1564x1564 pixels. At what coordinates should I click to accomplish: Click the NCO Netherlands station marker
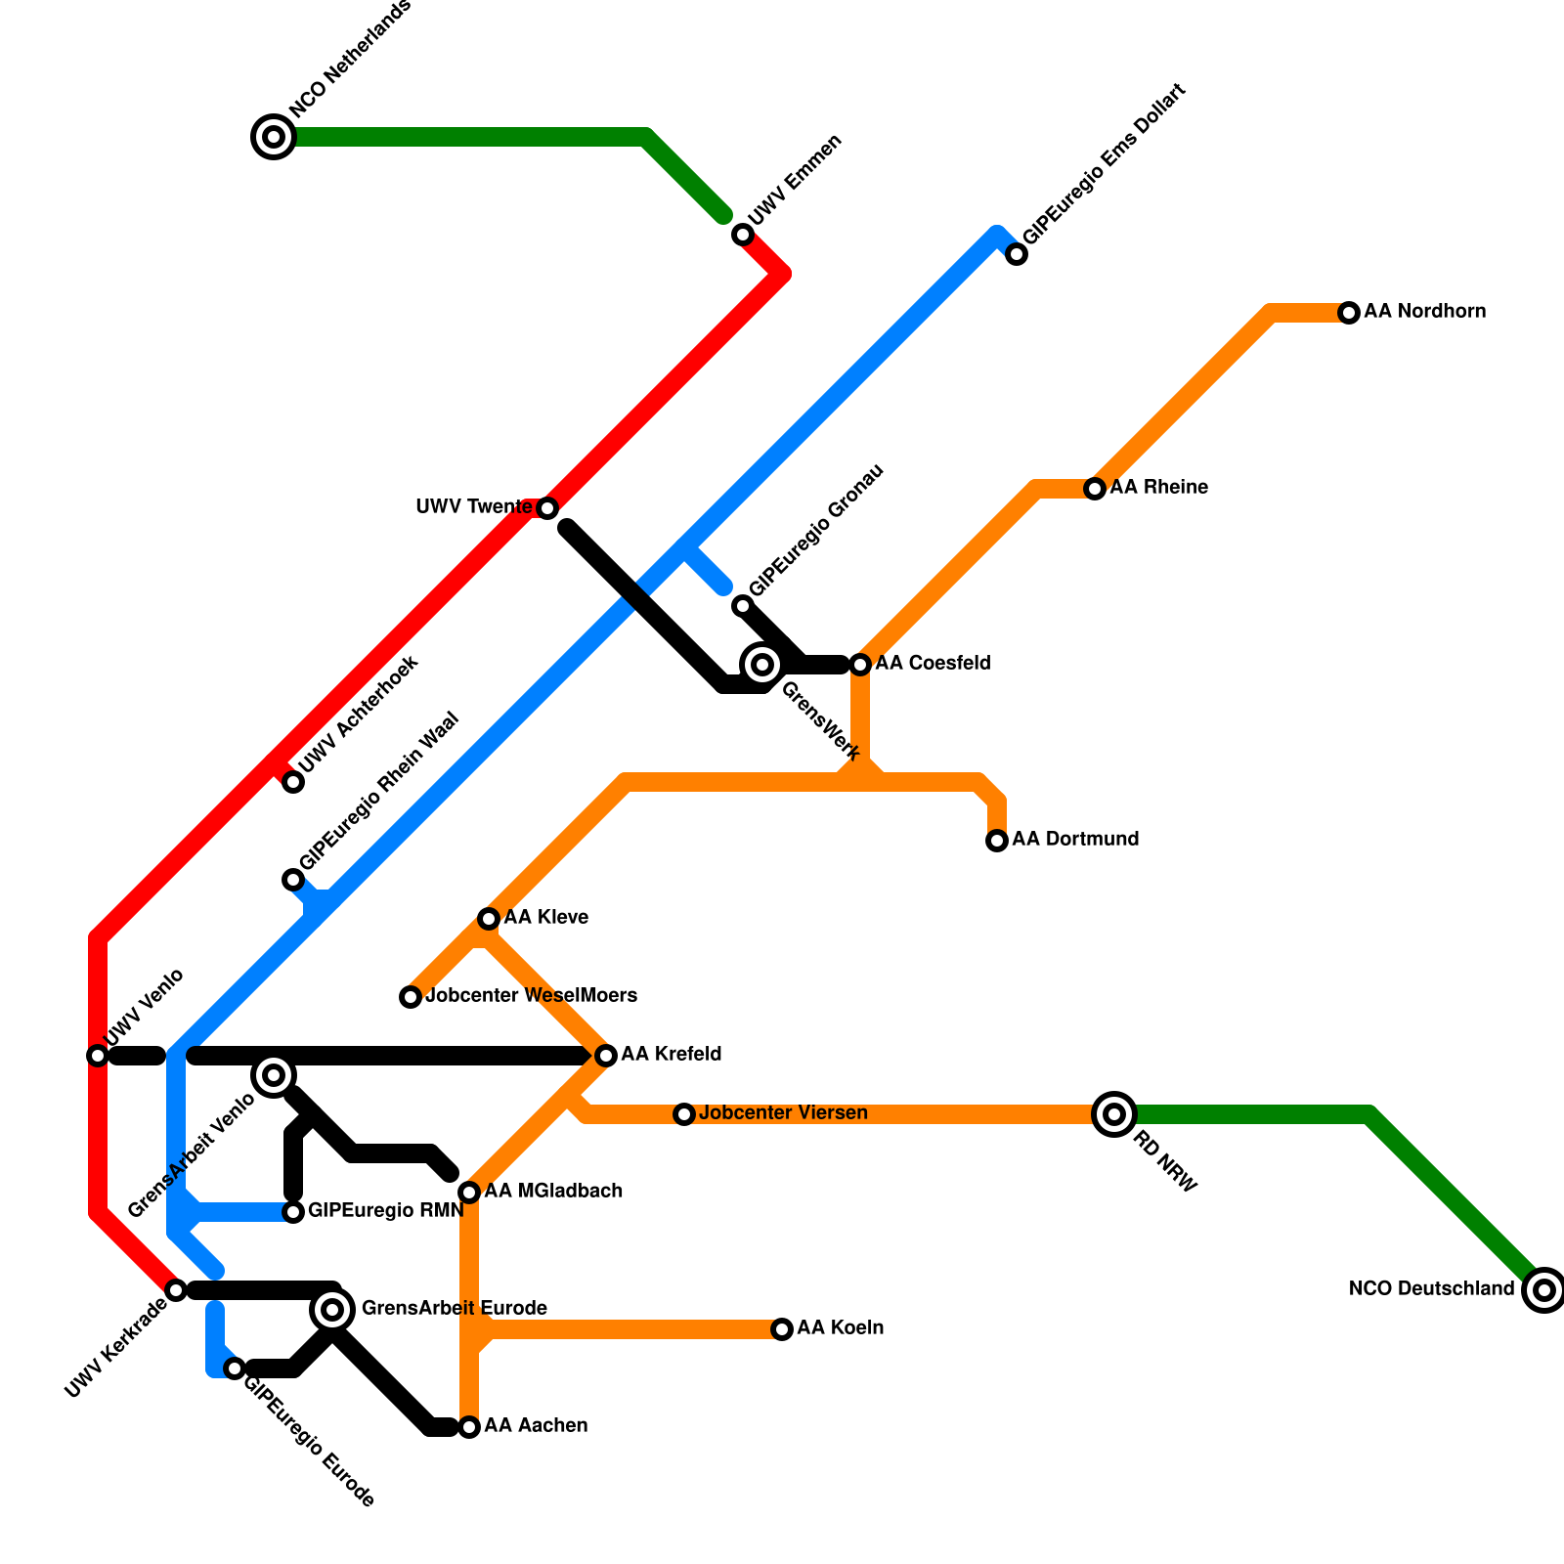pyautogui.click(x=275, y=136)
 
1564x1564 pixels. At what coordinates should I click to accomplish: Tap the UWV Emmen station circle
pyautogui.click(x=743, y=235)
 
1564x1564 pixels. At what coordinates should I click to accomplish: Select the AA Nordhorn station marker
pyautogui.click(x=1349, y=313)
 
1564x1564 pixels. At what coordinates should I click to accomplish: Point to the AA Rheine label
pyautogui.click(x=1158, y=487)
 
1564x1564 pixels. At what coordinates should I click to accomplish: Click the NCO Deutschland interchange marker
pyautogui.click(x=1543, y=1290)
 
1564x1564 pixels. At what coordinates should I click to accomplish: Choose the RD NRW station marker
pyautogui.click(x=1113, y=1113)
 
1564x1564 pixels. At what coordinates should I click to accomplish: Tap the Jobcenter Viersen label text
pyautogui.click(x=783, y=1112)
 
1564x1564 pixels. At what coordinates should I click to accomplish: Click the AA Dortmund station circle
pyautogui.click(x=997, y=841)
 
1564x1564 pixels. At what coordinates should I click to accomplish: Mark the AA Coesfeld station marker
pyautogui.click(x=860, y=665)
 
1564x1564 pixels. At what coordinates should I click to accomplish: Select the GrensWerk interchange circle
pyautogui.click(x=762, y=665)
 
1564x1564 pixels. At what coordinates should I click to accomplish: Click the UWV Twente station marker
pyautogui.click(x=547, y=508)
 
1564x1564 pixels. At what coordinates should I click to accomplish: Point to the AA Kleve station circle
pyautogui.click(x=489, y=919)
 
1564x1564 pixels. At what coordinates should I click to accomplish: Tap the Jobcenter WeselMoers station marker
pyautogui.click(x=411, y=997)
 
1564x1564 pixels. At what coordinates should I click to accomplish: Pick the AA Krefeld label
pyautogui.click(x=671, y=1054)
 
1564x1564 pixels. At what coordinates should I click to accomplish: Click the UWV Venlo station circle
pyautogui.click(x=98, y=1056)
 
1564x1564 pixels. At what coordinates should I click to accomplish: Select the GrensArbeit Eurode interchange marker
pyautogui.click(x=332, y=1309)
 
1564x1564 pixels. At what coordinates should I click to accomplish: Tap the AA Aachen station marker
pyautogui.click(x=469, y=1427)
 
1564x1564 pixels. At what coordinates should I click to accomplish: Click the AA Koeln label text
pyautogui.click(x=840, y=1327)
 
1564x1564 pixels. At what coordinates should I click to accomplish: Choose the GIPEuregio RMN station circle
pyautogui.click(x=293, y=1212)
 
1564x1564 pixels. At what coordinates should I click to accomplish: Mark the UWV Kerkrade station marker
pyautogui.click(x=176, y=1290)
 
